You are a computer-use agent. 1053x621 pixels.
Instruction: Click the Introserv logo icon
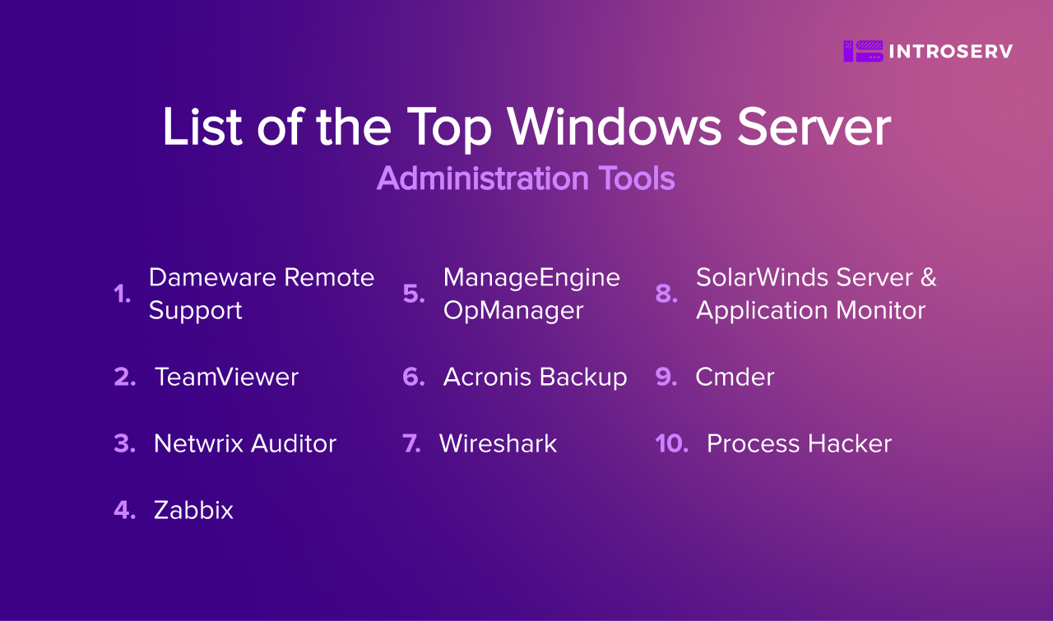(863, 51)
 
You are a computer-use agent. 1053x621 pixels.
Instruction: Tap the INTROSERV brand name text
(951, 51)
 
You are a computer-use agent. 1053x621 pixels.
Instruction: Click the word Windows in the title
(614, 127)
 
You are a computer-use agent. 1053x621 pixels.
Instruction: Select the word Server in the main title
(814, 127)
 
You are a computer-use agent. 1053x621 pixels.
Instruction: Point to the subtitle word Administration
(482, 178)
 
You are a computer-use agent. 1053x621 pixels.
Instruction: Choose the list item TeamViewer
(226, 377)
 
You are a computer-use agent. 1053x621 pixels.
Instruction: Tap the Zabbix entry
(193, 510)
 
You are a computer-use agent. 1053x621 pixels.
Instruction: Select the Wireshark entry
(498, 443)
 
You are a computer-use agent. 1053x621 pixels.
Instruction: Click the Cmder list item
(735, 377)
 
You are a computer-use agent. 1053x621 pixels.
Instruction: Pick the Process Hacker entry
(799, 443)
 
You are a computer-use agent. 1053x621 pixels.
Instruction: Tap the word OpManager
(513, 311)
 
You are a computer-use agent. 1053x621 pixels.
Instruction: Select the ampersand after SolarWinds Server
(929, 277)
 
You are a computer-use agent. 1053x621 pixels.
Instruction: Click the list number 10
(671, 443)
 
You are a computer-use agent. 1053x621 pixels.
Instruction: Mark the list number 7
(411, 443)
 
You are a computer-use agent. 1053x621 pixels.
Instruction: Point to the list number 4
(124, 510)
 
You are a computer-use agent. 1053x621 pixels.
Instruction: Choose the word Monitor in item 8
(880, 311)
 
